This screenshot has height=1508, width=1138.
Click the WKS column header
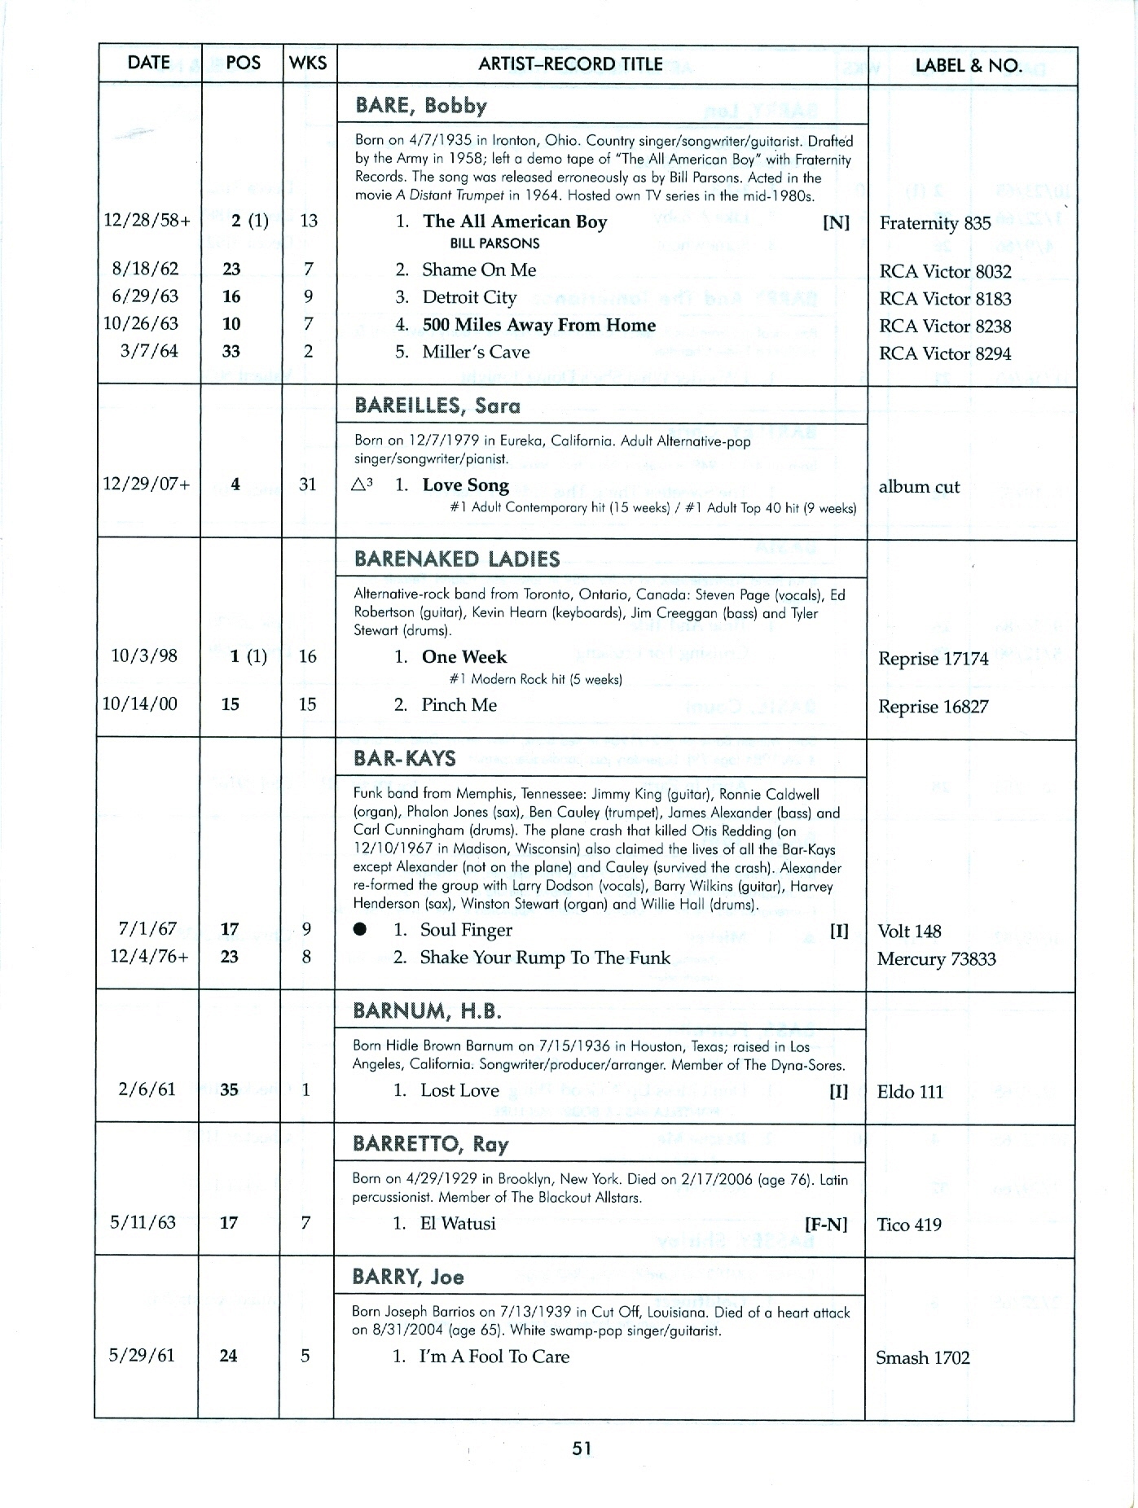click(308, 64)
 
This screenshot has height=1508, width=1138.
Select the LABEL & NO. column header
click(968, 65)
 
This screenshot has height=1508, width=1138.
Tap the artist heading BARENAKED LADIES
click(457, 559)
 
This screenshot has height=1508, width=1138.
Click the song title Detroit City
click(469, 297)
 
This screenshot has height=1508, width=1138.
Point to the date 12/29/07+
click(147, 484)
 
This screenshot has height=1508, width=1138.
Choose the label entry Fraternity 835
click(934, 223)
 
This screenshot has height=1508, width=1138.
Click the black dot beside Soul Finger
click(360, 930)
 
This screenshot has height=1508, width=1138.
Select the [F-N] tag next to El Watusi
click(826, 1224)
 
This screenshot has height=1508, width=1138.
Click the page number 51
click(582, 1448)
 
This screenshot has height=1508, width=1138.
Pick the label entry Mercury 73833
click(936, 959)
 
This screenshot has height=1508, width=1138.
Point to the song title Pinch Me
click(459, 705)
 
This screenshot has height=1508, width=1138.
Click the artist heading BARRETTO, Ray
click(430, 1144)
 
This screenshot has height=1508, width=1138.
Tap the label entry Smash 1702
click(922, 1357)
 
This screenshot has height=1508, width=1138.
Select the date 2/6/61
click(147, 1089)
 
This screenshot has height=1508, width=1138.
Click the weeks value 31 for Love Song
click(307, 484)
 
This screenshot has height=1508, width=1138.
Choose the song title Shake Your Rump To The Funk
click(544, 958)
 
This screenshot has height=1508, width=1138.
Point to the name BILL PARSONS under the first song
click(494, 243)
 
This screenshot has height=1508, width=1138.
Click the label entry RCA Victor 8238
click(945, 327)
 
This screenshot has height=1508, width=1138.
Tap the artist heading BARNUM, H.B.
click(427, 1011)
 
